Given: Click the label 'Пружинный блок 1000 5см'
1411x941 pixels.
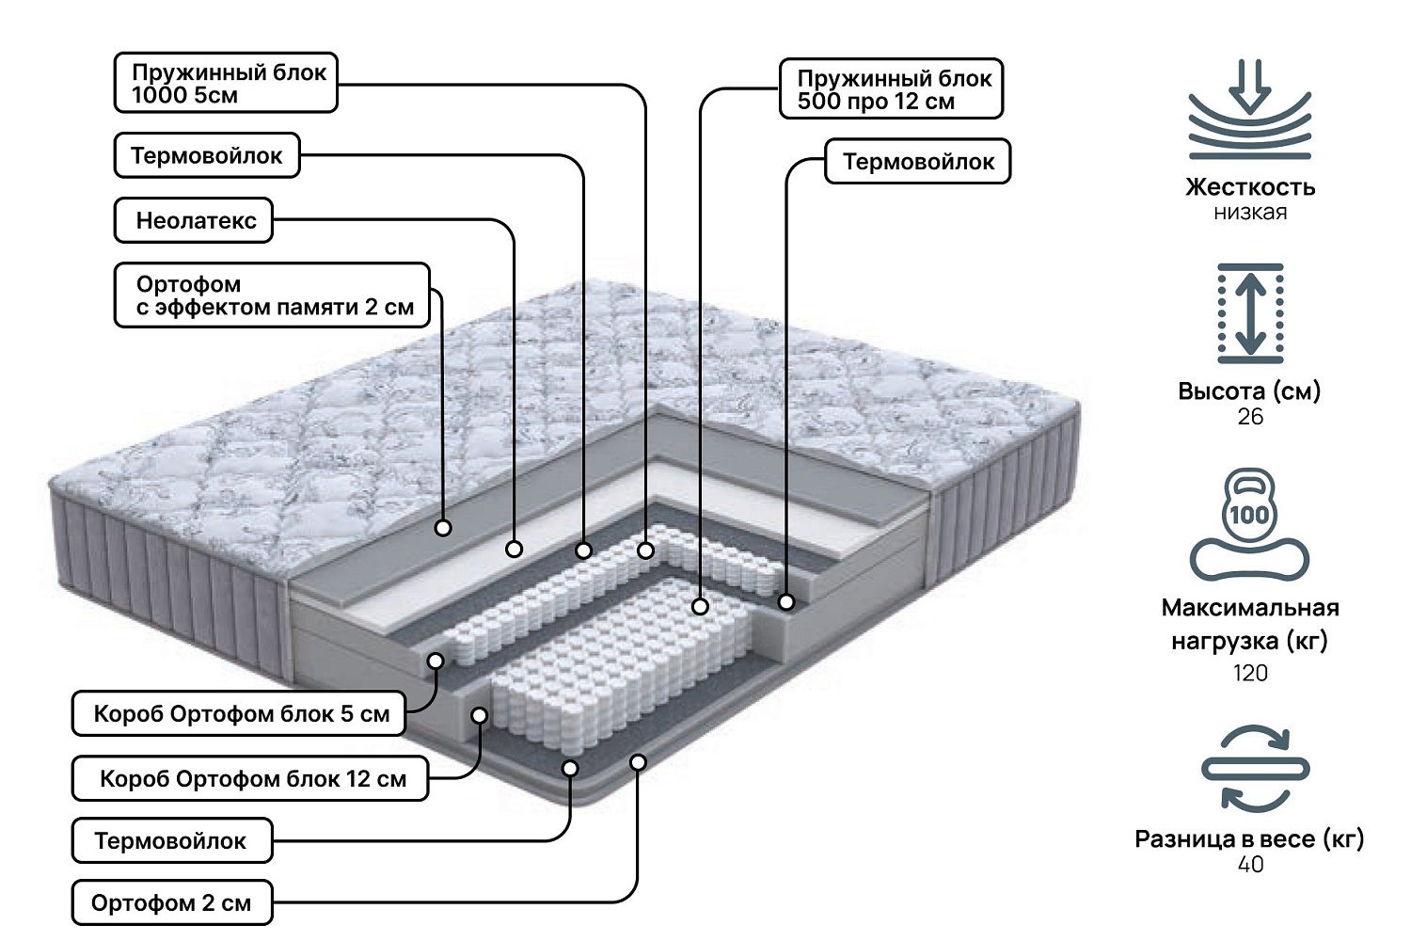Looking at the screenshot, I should (226, 83).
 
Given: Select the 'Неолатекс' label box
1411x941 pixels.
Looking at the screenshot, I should (194, 220).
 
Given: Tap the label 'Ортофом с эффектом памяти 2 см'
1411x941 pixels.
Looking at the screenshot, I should (272, 295).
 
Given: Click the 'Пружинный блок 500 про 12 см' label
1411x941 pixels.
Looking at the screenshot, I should (891, 89).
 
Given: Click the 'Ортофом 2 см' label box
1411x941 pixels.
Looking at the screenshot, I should (171, 903).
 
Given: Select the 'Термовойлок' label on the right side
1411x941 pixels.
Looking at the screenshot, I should (917, 162).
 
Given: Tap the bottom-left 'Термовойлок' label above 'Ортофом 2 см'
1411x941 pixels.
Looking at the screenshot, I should (171, 840).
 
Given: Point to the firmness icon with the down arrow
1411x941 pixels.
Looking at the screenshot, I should (1249, 110).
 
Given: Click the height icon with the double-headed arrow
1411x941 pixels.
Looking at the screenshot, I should (1250, 313).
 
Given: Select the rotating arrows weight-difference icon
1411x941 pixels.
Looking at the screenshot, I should (1255, 768).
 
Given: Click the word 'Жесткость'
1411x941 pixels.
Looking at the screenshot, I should (1250, 186).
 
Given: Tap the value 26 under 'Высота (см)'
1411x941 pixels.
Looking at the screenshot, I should (1250, 417).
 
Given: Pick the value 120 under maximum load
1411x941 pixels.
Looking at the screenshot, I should (1250, 673).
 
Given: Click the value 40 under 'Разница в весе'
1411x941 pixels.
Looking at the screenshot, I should (1250, 864).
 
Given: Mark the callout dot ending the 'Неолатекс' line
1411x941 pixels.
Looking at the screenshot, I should (514, 549).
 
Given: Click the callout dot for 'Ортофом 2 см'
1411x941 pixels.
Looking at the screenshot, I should (638, 761).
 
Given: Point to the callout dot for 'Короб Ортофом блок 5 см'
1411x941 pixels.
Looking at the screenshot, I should (436, 661).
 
